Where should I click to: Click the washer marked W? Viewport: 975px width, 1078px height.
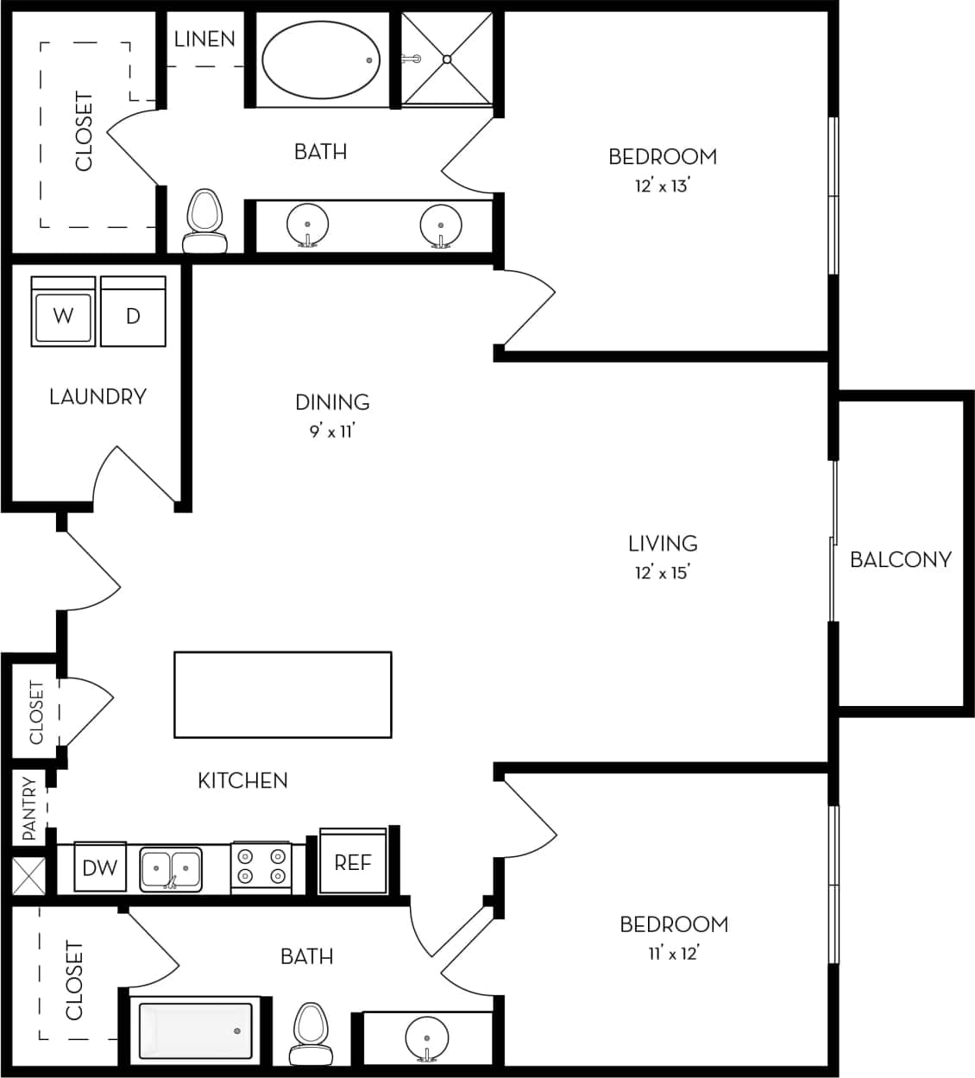click(x=63, y=312)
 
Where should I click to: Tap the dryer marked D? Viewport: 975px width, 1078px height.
click(x=133, y=312)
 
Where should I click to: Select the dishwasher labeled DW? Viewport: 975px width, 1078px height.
click(x=100, y=867)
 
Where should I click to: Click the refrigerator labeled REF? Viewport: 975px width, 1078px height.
click(x=353, y=861)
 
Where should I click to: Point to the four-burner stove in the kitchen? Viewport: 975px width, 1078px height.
click(x=261, y=867)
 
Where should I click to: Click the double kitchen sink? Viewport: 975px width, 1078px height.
click(x=171, y=869)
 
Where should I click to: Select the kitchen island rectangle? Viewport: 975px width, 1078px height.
click(x=282, y=695)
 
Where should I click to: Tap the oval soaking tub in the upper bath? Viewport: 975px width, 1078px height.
click(x=320, y=60)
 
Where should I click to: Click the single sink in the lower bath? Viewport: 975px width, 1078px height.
click(x=426, y=1036)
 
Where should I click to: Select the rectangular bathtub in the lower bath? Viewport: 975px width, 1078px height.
click(x=196, y=1032)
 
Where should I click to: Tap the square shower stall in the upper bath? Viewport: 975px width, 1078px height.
click(x=447, y=60)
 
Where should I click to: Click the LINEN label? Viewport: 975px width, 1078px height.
click(x=204, y=39)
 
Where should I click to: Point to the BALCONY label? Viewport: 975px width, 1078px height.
click(x=900, y=559)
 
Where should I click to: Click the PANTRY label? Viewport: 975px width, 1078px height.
click(x=29, y=809)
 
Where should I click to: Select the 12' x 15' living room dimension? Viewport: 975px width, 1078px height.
click(x=662, y=572)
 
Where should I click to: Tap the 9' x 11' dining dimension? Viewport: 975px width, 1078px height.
click(x=332, y=431)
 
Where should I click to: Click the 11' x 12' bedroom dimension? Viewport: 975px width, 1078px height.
click(x=673, y=953)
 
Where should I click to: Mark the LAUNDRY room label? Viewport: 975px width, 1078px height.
click(x=97, y=396)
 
